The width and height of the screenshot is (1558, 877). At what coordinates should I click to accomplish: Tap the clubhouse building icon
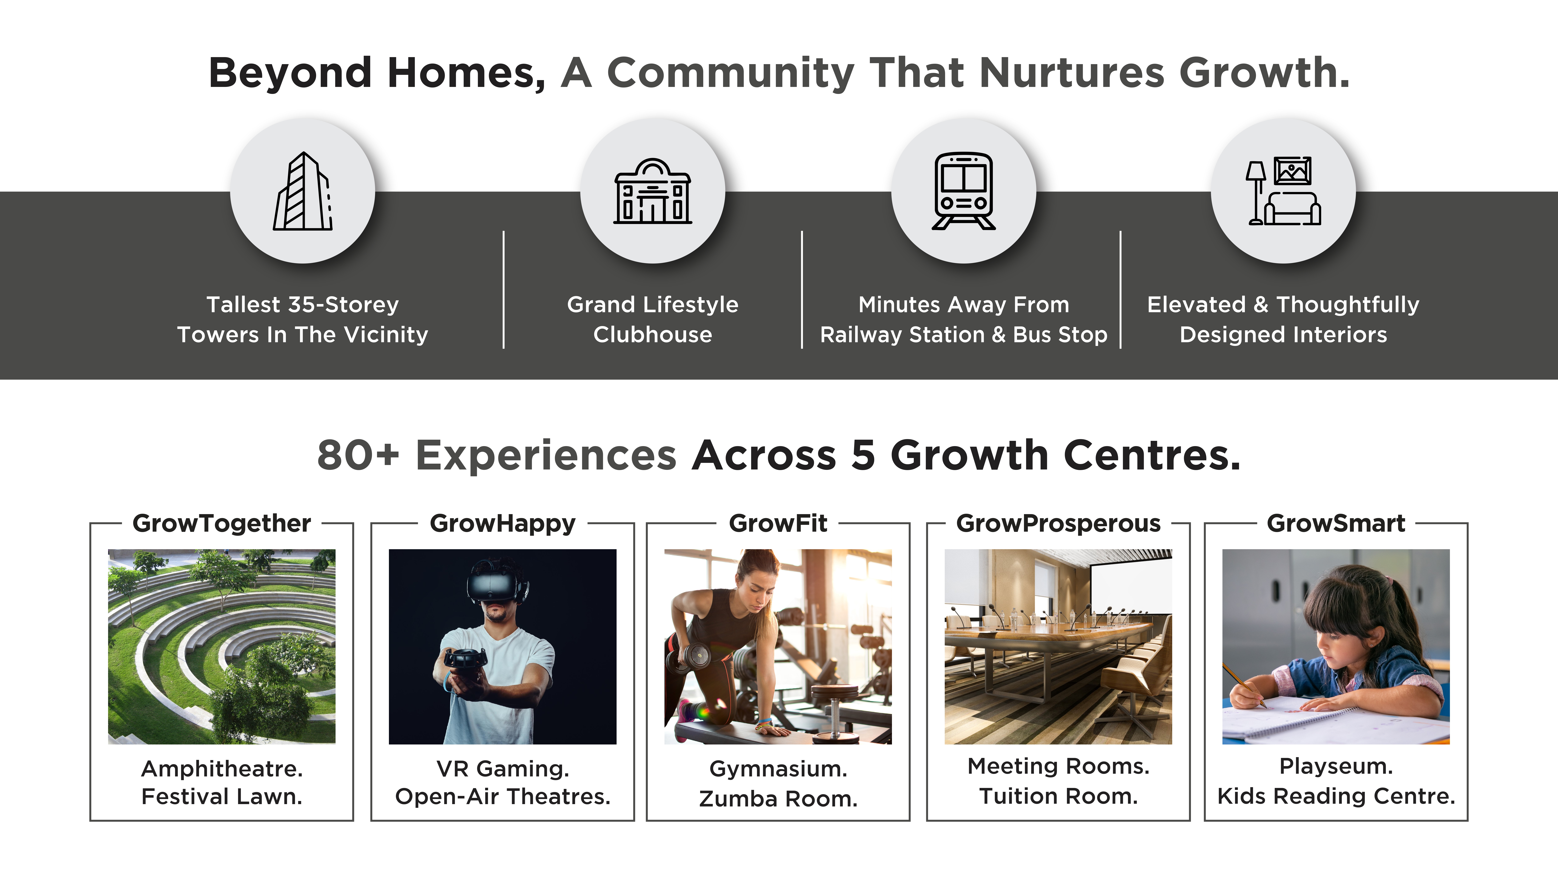[653, 191]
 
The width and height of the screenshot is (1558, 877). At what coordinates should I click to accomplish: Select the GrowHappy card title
[503, 523]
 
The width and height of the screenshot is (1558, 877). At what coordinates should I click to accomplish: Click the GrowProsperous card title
[1058, 523]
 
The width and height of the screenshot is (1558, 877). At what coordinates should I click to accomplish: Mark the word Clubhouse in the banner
[653, 335]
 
